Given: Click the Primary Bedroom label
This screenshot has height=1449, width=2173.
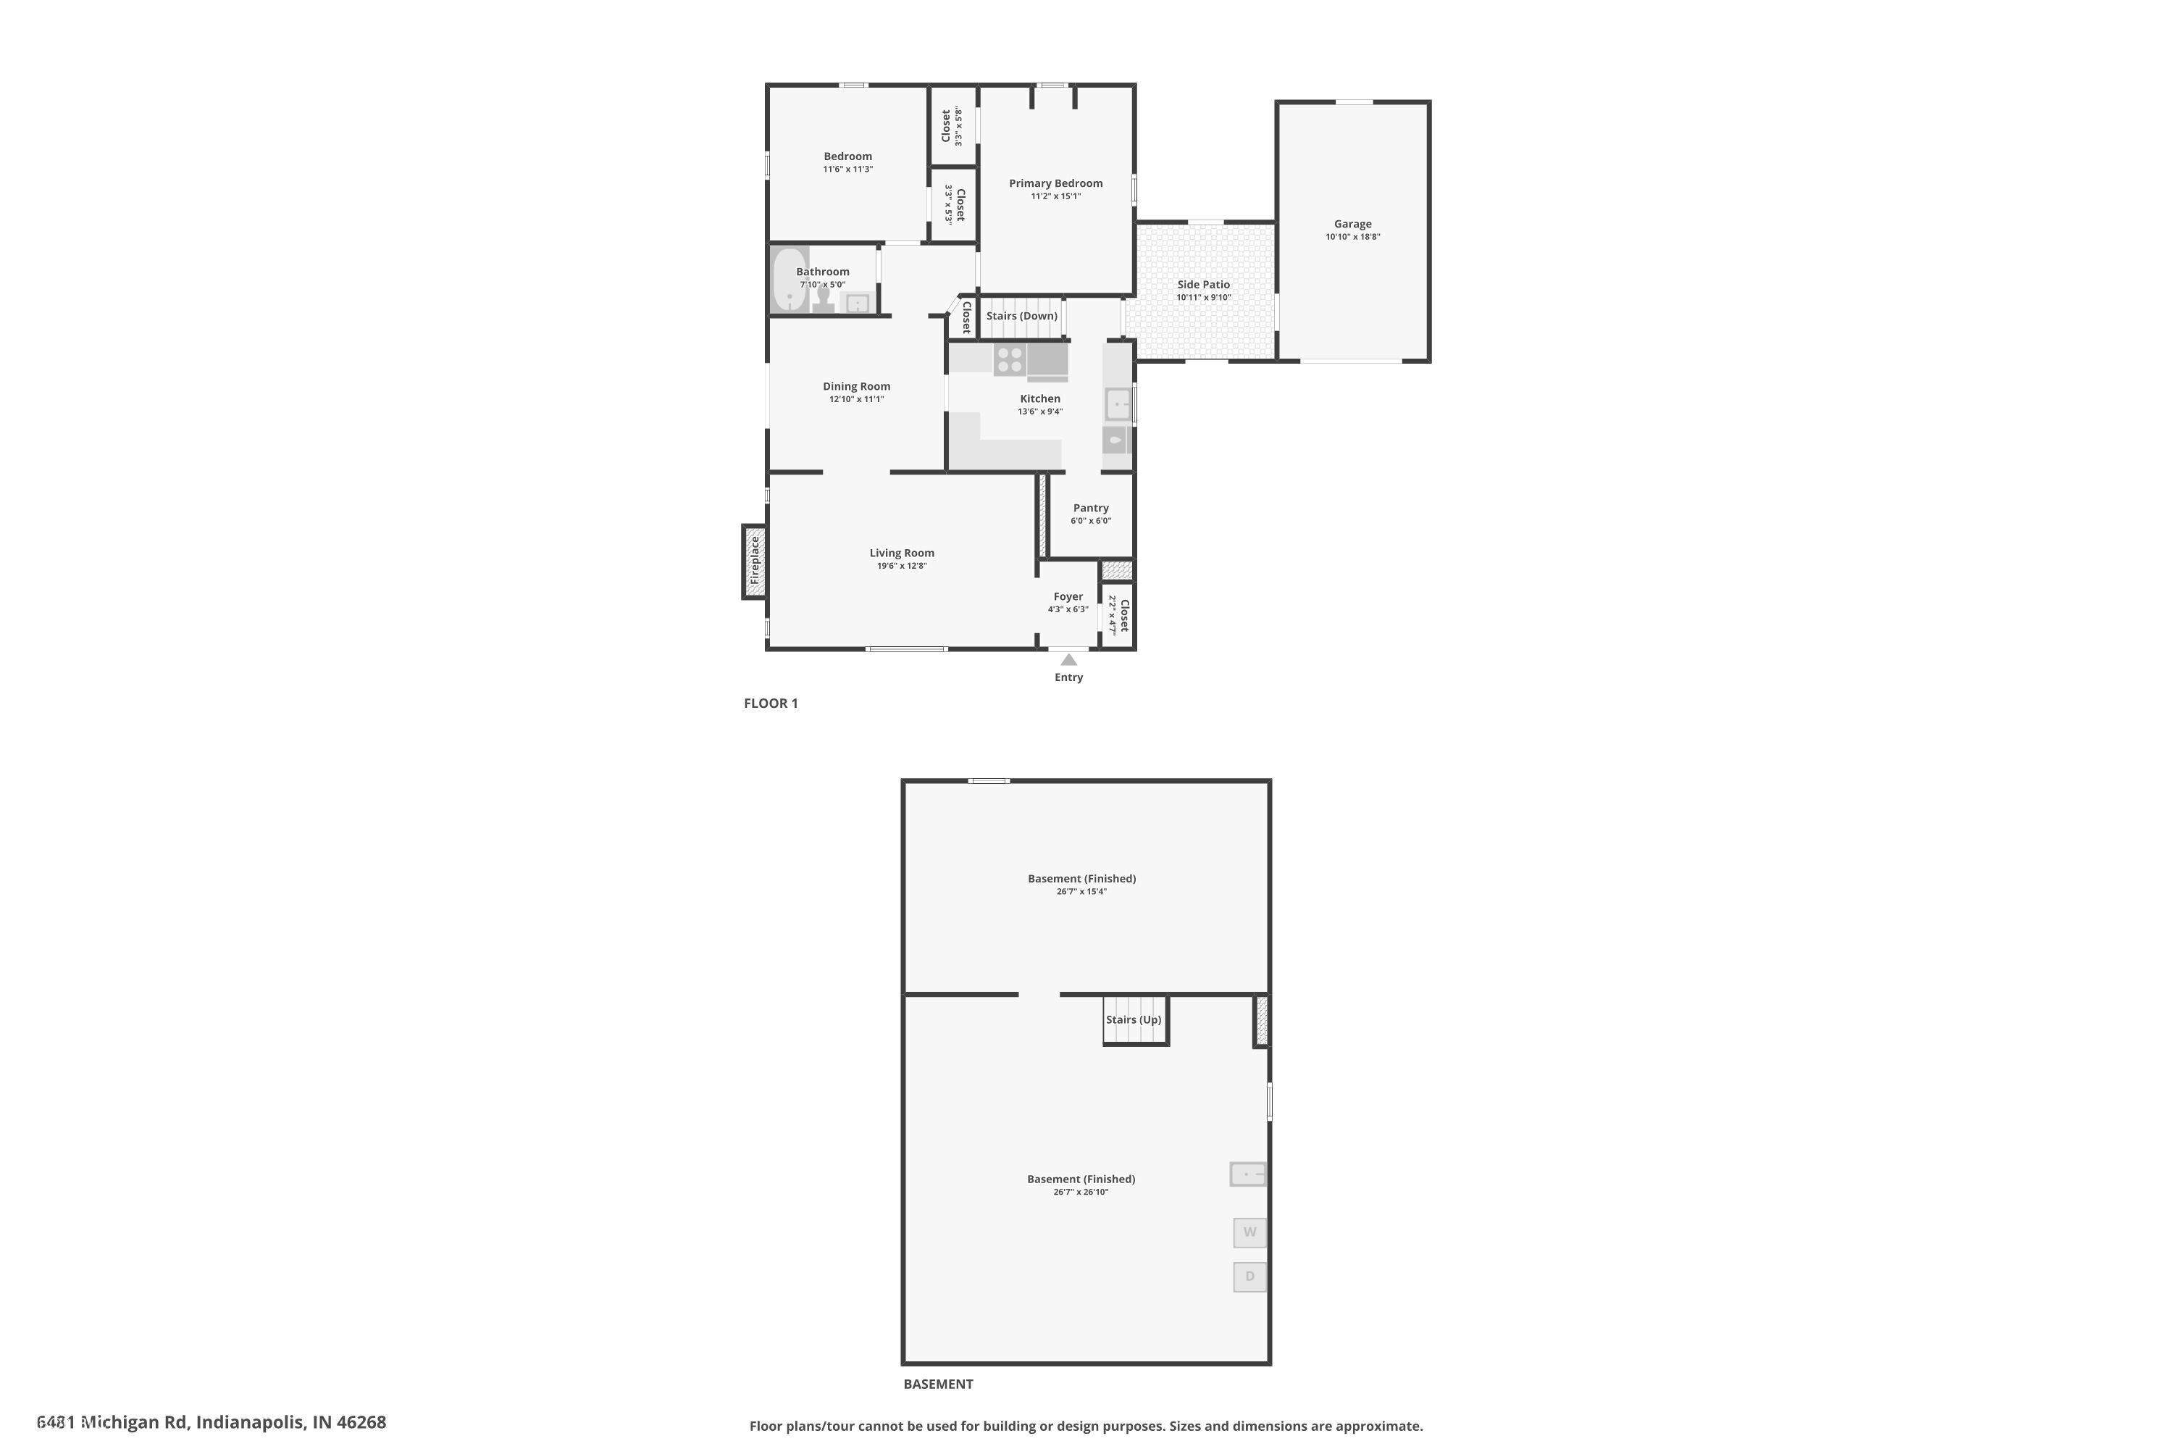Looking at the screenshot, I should (x=1055, y=183).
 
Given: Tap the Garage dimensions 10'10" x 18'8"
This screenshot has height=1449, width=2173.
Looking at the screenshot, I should (x=1352, y=237).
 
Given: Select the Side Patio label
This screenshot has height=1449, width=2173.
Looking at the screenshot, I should (x=1203, y=285).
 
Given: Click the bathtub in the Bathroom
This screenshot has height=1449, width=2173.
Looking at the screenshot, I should (x=787, y=279).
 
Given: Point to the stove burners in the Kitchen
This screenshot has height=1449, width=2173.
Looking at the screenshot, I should (x=1009, y=359).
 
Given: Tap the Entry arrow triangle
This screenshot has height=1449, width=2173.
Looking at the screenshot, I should (x=1068, y=660).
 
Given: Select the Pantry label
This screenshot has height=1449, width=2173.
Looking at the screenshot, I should (x=1090, y=507).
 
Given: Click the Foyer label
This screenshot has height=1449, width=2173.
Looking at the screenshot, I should (x=1067, y=596).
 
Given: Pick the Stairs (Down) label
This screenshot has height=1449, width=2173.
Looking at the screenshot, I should (x=1021, y=315).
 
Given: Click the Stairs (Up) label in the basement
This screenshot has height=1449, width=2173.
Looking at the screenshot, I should (x=1133, y=1019).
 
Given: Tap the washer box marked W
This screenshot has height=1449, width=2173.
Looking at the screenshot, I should (x=1249, y=1232).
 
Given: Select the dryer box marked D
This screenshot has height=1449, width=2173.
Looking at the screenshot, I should (x=1249, y=1276).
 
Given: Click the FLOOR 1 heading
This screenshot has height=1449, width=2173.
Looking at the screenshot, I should (x=771, y=703).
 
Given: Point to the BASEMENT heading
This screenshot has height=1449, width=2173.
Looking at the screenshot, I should (x=938, y=1383).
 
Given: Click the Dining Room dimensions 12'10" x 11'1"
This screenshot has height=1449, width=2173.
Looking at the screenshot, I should (x=856, y=399).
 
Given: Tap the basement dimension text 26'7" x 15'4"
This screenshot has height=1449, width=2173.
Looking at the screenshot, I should (x=1081, y=892).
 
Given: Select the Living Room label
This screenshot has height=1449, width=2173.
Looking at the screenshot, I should (x=901, y=553).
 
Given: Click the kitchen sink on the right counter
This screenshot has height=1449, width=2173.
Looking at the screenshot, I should (x=1118, y=404).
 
